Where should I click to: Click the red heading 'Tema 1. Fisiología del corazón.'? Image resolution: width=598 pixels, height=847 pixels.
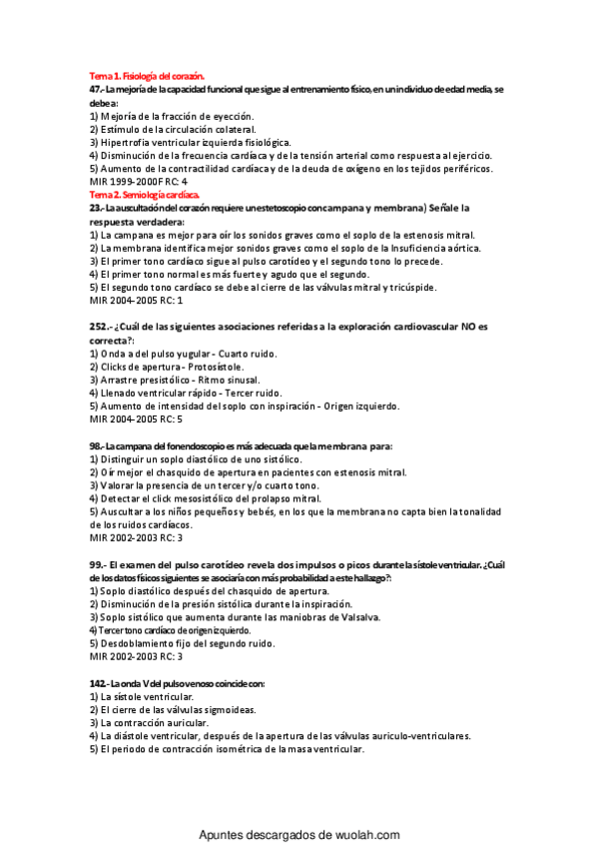pos(147,76)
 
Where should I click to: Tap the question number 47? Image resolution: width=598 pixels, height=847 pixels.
pos(96,89)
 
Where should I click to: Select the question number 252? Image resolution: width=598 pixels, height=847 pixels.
pos(100,327)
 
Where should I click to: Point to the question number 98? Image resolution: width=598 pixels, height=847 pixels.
pos(96,444)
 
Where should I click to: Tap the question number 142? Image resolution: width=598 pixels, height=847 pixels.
pos(100,683)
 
